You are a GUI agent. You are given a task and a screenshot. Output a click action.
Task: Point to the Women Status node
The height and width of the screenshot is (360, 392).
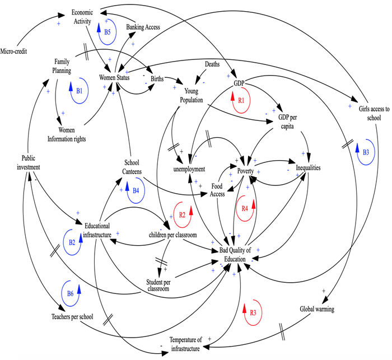[115, 77]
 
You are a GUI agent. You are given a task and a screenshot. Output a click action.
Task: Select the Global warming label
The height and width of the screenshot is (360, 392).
[317, 308]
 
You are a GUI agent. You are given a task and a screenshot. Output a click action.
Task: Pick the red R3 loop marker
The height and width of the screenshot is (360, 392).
[251, 311]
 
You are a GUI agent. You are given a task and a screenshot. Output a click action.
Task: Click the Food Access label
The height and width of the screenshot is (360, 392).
[218, 189]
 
